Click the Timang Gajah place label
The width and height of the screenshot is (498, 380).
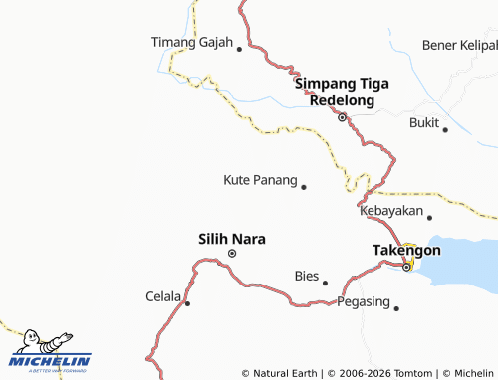pyautogui.click(x=191, y=43)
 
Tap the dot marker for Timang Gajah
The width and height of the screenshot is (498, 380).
pyautogui.click(x=239, y=47)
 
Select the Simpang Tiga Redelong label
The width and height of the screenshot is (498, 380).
pyautogui.click(x=341, y=93)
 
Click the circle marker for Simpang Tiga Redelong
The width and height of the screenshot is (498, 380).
pyautogui.click(x=342, y=117)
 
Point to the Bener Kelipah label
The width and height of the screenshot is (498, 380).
pyautogui.click(x=459, y=46)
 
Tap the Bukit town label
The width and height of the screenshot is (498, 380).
pyautogui.click(x=423, y=122)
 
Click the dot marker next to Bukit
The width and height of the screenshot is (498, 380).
pyautogui.click(x=445, y=129)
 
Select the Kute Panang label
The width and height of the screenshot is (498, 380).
pyautogui.click(x=260, y=180)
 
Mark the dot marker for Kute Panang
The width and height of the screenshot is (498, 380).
pyautogui.click(x=304, y=186)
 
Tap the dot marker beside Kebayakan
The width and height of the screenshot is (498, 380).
pyautogui.click(x=430, y=217)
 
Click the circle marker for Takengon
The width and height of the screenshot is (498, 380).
pyautogui.click(x=407, y=266)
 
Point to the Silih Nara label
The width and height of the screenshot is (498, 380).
pyautogui.click(x=232, y=238)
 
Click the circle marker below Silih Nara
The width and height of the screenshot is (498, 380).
pyautogui.click(x=232, y=254)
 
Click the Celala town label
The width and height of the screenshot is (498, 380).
pyautogui.click(x=163, y=296)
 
